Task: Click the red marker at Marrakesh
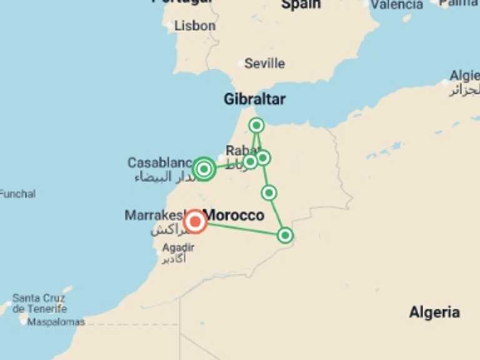[196, 221]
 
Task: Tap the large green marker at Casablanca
[204, 169]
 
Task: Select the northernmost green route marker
[256, 126]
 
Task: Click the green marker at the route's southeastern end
[285, 236]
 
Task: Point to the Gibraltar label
[254, 99]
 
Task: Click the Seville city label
[264, 64]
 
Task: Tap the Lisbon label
[194, 26]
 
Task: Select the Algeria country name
[434, 312]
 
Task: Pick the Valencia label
[396, 5]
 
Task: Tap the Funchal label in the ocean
[17, 194]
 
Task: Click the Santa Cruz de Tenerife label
[39, 304]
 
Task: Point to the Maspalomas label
[56, 322]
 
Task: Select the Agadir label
[178, 247]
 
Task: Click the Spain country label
[301, 5]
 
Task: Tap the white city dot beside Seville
[241, 64]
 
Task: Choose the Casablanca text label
[159, 163]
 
